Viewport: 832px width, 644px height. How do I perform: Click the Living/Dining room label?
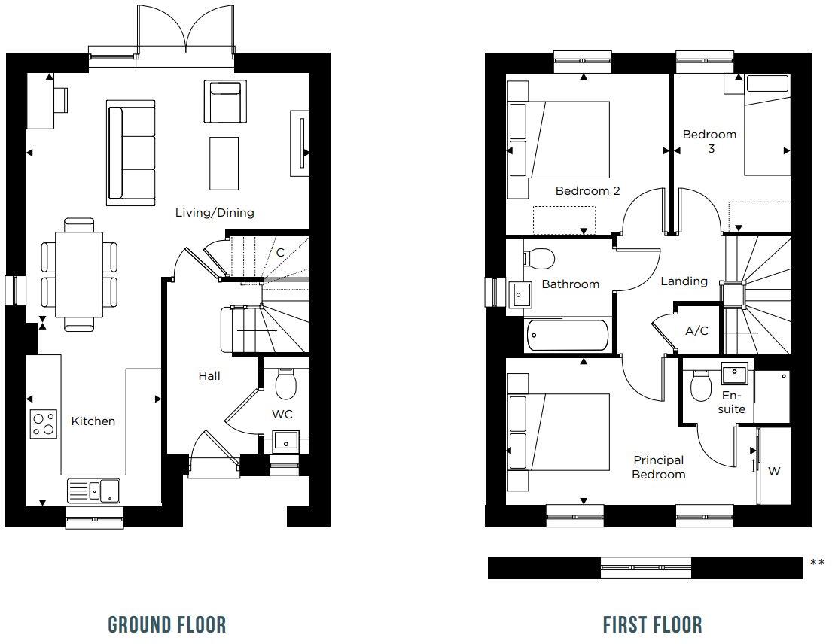point(215,213)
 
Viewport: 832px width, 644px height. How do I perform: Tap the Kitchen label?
point(93,421)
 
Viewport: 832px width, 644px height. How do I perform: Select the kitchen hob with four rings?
point(43,424)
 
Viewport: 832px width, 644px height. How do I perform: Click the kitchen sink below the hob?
point(93,491)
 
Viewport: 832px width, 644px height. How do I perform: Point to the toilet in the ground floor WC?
point(285,384)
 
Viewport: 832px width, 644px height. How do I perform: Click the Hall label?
point(209,375)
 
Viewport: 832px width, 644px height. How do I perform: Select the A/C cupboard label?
point(696,331)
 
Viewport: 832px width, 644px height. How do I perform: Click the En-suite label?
point(731,402)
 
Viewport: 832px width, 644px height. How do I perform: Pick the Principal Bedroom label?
point(659,467)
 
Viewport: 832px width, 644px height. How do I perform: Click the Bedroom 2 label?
point(587,191)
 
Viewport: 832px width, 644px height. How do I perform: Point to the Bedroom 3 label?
point(709,141)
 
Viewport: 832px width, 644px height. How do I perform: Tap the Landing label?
point(684,281)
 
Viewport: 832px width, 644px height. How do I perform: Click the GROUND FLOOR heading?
point(167,624)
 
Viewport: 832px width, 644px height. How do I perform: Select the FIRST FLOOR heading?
point(652,624)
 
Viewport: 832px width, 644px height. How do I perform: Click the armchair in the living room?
point(224,101)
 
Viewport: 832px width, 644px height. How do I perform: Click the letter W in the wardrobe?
point(774,472)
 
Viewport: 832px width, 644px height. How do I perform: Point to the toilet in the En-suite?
point(701,387)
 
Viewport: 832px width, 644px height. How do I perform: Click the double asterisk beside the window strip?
point(817,563)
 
